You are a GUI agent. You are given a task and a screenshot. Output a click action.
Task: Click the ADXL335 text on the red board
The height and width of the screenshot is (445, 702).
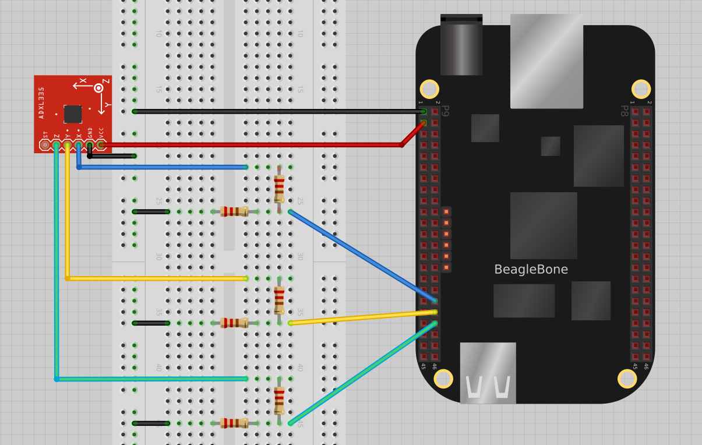(x=41, y=103)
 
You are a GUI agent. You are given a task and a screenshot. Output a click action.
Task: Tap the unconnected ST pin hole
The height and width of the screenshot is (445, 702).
(x=45, y=144)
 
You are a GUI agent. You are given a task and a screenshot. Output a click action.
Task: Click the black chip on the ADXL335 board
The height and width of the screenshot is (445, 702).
(x=73, y=114)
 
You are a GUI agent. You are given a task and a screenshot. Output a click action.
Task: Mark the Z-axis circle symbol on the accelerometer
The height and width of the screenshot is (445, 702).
(x=99, y=88)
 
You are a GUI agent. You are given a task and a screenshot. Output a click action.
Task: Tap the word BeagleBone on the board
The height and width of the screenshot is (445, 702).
(x=531, y=270)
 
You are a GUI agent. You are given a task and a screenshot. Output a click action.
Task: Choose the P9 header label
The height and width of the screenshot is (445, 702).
(x=445, y=111)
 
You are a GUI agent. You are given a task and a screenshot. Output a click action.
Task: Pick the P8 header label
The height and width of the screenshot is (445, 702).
(x=624, y=111)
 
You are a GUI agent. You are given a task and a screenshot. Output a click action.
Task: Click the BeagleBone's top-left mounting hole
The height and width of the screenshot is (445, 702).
(x=429, y=89)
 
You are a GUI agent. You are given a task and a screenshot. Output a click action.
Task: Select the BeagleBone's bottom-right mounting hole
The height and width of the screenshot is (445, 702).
(x=627, y=379)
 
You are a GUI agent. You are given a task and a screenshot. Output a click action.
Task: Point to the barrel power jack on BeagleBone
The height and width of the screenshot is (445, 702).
(x=461, y=45)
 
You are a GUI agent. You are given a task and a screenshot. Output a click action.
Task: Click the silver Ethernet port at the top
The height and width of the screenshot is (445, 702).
(x=546, y=61)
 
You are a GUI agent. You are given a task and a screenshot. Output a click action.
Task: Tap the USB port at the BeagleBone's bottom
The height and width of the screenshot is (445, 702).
(x=488, y=373)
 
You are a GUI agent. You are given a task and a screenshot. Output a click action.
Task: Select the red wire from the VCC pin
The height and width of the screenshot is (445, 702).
(x=251, y=144)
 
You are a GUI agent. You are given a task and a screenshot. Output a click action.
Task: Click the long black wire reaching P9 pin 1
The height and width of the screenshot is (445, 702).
(x=280, y=111)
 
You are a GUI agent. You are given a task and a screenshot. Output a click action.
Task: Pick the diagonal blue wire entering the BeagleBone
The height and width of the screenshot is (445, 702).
(x=361, y=256)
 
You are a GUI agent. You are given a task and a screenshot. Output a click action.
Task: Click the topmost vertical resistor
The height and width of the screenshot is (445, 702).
(x=279, y=189)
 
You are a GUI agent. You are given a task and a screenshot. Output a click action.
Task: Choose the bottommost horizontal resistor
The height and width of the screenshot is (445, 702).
(x=234, y=423)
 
